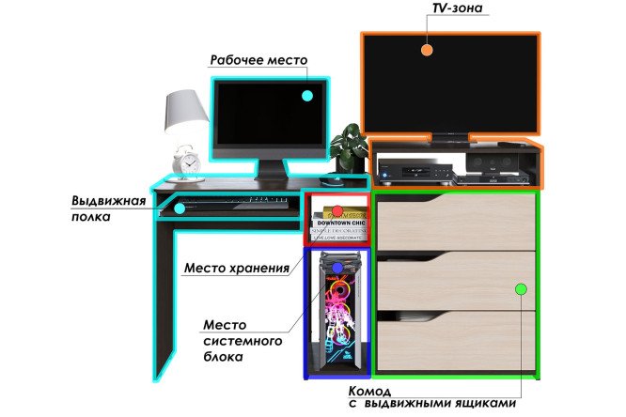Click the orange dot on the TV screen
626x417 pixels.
(x=427, y=50)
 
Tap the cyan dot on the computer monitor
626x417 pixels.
(x=307, y=96)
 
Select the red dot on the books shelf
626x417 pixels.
(x=337, y=210)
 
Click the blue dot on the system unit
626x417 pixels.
(x=337, y=268)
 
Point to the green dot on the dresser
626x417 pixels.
(x=521, y=289)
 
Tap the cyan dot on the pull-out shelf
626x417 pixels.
(x=180, y=208)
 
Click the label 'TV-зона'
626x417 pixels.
(x=458, y=8)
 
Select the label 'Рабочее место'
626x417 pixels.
(x=258, y=60)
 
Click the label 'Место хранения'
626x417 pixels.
(x=237, y=268)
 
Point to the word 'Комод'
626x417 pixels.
(x=369, y=391)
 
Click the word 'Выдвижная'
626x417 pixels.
(x=109, y=200)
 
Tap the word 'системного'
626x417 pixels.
(x=243, y=341)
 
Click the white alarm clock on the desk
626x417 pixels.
(x=186, y=162)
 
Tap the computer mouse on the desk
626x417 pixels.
(x=331, y=181)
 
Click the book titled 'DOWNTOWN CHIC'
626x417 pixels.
(x=340, y=223)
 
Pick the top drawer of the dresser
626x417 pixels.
(x=456, y=222)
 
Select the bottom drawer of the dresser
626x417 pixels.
(x=456, y=341)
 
